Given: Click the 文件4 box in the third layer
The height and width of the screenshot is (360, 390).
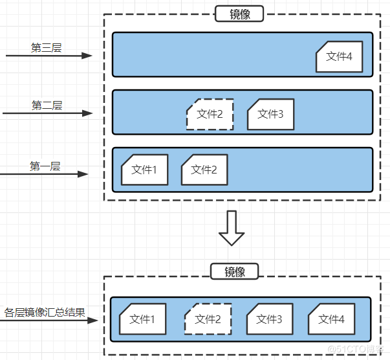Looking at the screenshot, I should click(339, 57).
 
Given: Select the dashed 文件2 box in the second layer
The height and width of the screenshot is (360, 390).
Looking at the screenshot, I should click(210, 115).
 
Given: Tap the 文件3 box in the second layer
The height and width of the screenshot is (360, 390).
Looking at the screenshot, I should click(270, 115).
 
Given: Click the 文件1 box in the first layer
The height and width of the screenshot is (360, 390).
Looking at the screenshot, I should click(144, 170).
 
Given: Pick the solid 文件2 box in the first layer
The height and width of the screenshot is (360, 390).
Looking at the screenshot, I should click(204, 170).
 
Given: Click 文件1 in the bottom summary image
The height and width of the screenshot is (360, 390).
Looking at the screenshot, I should click(142, 319).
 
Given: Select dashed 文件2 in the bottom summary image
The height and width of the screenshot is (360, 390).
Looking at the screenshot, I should click(208, 319).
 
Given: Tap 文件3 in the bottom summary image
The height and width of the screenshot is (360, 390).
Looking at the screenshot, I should click(269, 319).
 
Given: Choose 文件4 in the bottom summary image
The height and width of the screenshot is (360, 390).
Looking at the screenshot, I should click(331, 319).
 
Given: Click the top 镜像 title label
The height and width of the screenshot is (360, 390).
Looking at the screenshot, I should click(240, 14).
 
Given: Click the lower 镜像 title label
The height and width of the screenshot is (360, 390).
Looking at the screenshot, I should click(234, 271).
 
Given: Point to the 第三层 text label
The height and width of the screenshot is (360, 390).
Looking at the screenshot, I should click(46, 47).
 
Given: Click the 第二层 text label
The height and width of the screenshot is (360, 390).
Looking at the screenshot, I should click(47, 105).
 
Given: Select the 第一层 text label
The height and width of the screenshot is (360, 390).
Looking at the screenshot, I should click(45, 166).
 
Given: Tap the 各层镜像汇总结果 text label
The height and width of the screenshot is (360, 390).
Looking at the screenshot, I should click(45, 312).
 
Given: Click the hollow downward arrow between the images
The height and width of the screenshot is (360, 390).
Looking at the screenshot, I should click(232, 228).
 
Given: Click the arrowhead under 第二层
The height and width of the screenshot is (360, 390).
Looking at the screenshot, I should click(89, 113).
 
